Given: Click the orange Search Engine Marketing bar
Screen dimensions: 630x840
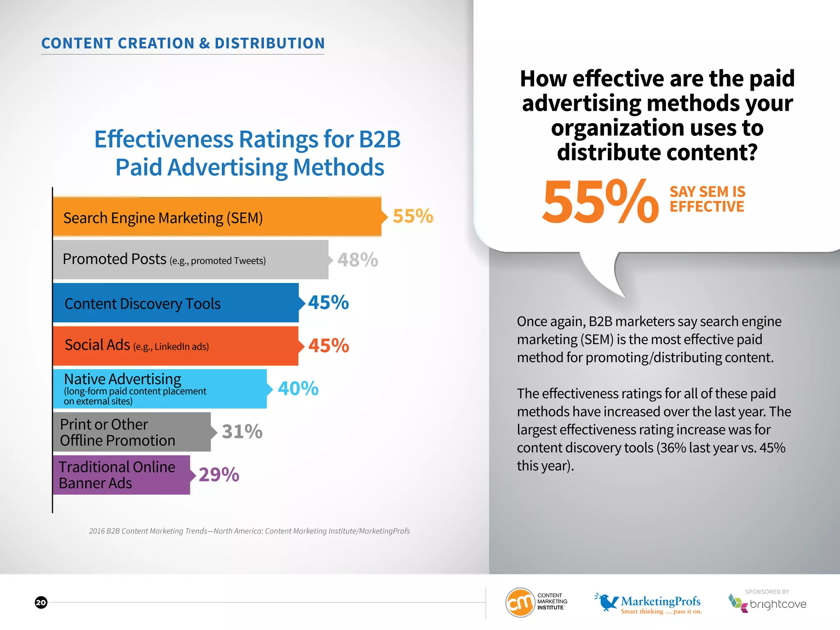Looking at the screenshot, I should (x=217, y=217).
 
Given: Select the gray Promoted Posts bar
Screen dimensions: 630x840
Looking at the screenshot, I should (x=191, y=260).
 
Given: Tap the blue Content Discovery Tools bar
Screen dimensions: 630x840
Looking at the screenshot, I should (x=176, y=303).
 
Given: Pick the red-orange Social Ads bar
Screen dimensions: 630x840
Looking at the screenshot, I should (x=176, y=346).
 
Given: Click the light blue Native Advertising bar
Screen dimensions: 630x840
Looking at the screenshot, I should (x=160, y=389).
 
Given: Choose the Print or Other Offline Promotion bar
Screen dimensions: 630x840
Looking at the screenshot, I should (x=132, y=432).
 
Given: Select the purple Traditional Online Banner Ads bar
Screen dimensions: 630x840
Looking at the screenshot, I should (x=121, y=475).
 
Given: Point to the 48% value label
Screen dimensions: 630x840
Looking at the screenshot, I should (x=358, y=260).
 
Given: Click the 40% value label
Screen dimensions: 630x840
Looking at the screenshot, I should (x=298, y=388).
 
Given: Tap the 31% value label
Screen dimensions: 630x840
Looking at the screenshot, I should (x=242, y=431).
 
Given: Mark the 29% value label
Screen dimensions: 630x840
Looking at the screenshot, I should (x=219, y=475).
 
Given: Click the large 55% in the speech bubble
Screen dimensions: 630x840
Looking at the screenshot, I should (x=600, y=202).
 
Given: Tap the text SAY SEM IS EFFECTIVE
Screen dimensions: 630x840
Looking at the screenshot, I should (x=707, y=199).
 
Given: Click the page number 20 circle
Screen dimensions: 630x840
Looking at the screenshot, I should (x=41, y=603).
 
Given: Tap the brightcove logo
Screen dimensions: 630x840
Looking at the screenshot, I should (x=767, y=603).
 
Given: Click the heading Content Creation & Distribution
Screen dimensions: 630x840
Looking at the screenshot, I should (x=183, y=43).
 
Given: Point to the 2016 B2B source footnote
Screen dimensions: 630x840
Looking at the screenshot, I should (x=249, y=531).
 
